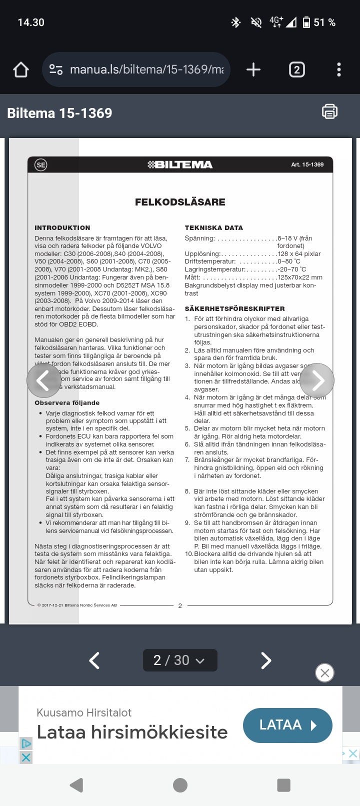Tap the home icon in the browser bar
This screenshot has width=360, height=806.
click(x=21, y=69)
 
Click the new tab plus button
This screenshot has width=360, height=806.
click(x=253, y=69)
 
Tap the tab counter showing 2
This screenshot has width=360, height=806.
click(x=296, y=69)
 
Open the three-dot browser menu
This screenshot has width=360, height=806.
click(x=339, y=69)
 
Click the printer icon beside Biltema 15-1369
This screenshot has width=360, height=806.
click(x=329, y=111)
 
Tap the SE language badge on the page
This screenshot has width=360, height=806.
click(x=40, y=164)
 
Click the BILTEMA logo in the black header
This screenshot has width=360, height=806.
click(x=180, y=164)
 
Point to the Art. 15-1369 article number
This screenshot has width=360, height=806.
click(x=307, y=164)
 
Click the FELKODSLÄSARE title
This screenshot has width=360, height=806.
click(x=180, y=202)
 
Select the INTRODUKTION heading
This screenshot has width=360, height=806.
click(x=62, y=227)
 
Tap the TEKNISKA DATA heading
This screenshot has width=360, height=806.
click(x=213, y=227)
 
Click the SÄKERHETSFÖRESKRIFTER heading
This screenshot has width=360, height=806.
click(x=234, y=308)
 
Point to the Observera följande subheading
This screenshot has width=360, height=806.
click(x=67, y=402)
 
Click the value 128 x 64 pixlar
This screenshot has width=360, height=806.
click(x=299, y=254)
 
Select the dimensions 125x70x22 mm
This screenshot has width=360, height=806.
click(x=300, y=277)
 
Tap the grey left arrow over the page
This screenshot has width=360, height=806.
click(x=44, y=380)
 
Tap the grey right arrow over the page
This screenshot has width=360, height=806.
click(x=316, y=380)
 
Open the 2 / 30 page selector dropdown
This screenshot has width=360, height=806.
click(x=180, y=660)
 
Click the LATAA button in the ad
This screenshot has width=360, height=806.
click(x=287, y=725)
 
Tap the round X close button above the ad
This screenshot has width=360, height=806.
click(x=324, y=672)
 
